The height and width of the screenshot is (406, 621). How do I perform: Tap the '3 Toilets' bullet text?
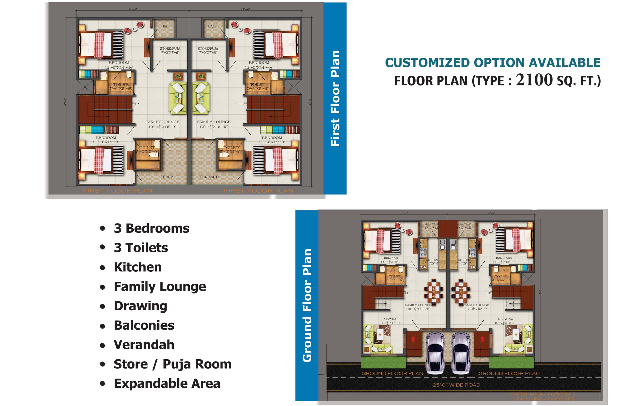click(141, 247)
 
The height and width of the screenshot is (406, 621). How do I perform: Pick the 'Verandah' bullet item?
click(144, 345)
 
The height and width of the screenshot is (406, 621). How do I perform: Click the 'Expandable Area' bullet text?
click(167, 383)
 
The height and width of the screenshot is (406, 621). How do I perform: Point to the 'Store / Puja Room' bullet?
click(172, 364)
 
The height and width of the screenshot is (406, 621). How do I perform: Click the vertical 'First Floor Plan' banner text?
click(335, 98)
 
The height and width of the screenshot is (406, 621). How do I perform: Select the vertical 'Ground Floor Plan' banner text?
click(307, 305)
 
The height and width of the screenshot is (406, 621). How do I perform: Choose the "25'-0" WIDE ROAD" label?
click(456, 385)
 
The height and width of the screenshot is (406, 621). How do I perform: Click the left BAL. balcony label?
click(166, 26)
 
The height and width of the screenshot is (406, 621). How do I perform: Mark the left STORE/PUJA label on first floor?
click(170, 49)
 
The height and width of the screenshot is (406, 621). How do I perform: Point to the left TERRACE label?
click(169, 177)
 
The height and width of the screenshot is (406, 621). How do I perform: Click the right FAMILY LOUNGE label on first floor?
click(213, 122)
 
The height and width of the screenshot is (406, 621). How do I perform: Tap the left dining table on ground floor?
click(433, 290)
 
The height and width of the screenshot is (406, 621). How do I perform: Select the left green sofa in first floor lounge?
click(178, 98)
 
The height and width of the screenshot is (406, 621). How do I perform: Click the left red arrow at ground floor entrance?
click(413, 339)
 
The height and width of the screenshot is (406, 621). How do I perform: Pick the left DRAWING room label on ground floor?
click(390, 319)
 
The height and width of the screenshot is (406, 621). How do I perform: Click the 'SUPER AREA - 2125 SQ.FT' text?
click(542, 394)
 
